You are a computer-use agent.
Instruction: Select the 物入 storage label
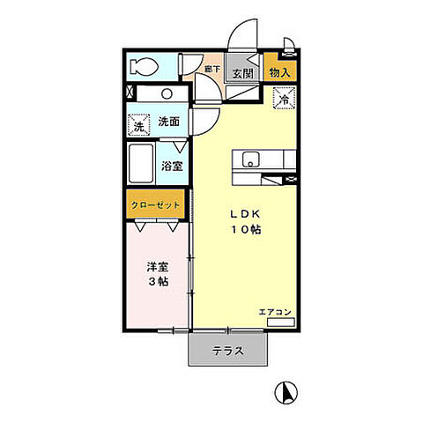[280, 74]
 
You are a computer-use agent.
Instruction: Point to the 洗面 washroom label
[170, 122]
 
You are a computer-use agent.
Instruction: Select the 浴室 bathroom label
[171, 165]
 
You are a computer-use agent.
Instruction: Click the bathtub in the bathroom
[143, 165]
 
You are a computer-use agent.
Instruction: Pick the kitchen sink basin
[249, 160]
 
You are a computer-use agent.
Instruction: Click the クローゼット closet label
[156, 204]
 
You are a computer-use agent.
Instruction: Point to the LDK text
[245, 213]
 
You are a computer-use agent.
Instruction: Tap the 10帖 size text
[246, 230]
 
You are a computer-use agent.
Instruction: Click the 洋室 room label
[157, 265]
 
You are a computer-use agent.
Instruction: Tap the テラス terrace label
[227, 351]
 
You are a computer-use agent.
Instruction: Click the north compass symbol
[288, 390]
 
